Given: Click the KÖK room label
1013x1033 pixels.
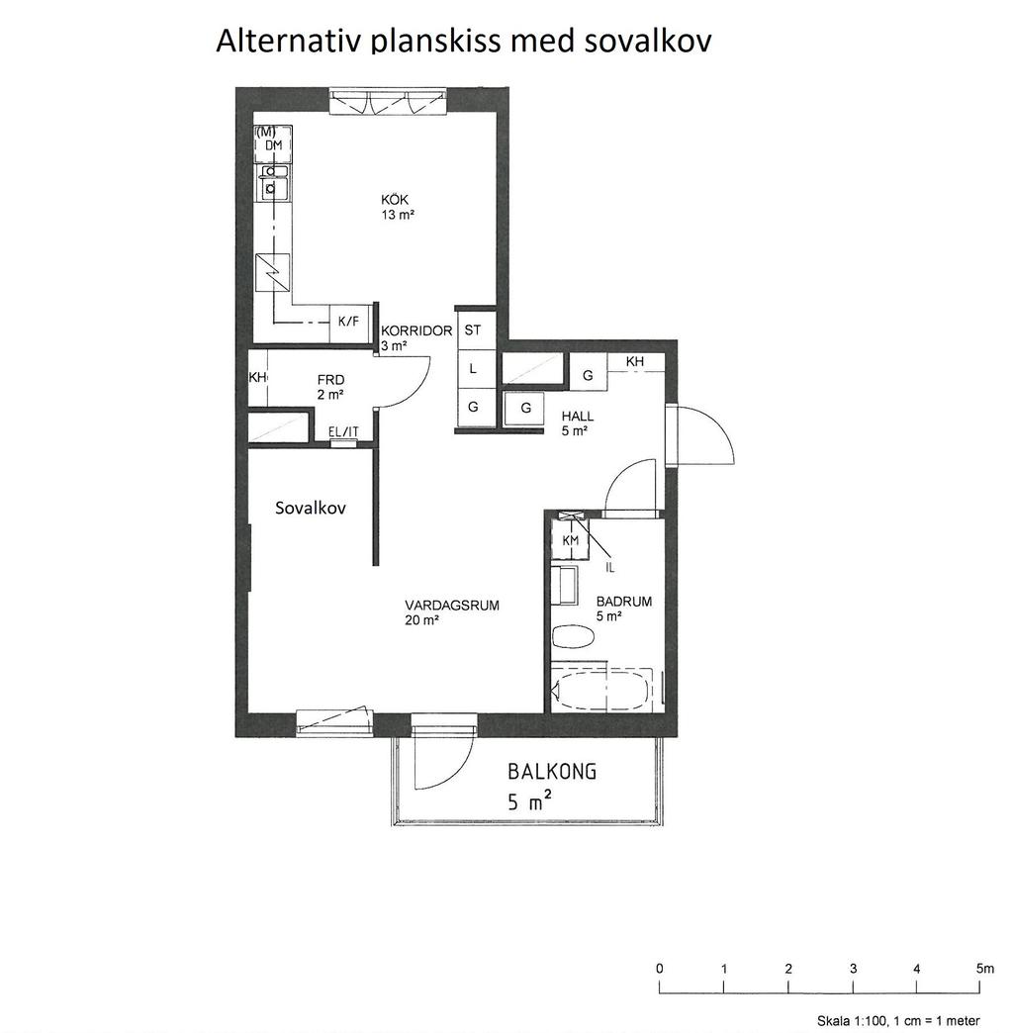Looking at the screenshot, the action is [x=395, y=200].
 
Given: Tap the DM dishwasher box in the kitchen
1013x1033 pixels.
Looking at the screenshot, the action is [x=273, y=144].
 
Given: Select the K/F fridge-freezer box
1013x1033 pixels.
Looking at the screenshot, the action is [x=348, y=323].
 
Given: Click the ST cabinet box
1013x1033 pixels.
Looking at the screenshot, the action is [x=473, y=330].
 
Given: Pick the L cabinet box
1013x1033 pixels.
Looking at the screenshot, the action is [x=473, y=369].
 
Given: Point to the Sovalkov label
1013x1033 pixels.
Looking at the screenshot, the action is [x=311, y=508].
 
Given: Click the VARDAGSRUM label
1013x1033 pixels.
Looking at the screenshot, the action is [x=452, y=605].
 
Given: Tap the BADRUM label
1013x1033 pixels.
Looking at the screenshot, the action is [x=624, y=602].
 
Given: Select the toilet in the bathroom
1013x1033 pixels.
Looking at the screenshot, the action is [x=574, y=637].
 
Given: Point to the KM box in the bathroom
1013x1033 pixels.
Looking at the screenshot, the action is [x=571, y=540].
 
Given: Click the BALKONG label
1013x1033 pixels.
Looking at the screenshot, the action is [x=552, y=771].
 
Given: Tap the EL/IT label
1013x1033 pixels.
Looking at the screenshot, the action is [x=344, y=431].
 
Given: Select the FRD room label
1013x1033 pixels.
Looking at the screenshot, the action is [x=330, y=380].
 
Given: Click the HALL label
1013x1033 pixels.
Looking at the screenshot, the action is [x=578, y=417].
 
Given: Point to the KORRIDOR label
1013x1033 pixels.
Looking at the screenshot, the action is [x=416, y=330].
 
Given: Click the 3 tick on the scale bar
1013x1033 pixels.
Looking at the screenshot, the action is [x=853, y=986].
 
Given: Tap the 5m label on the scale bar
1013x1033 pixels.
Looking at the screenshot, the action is [x=985, y=969].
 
